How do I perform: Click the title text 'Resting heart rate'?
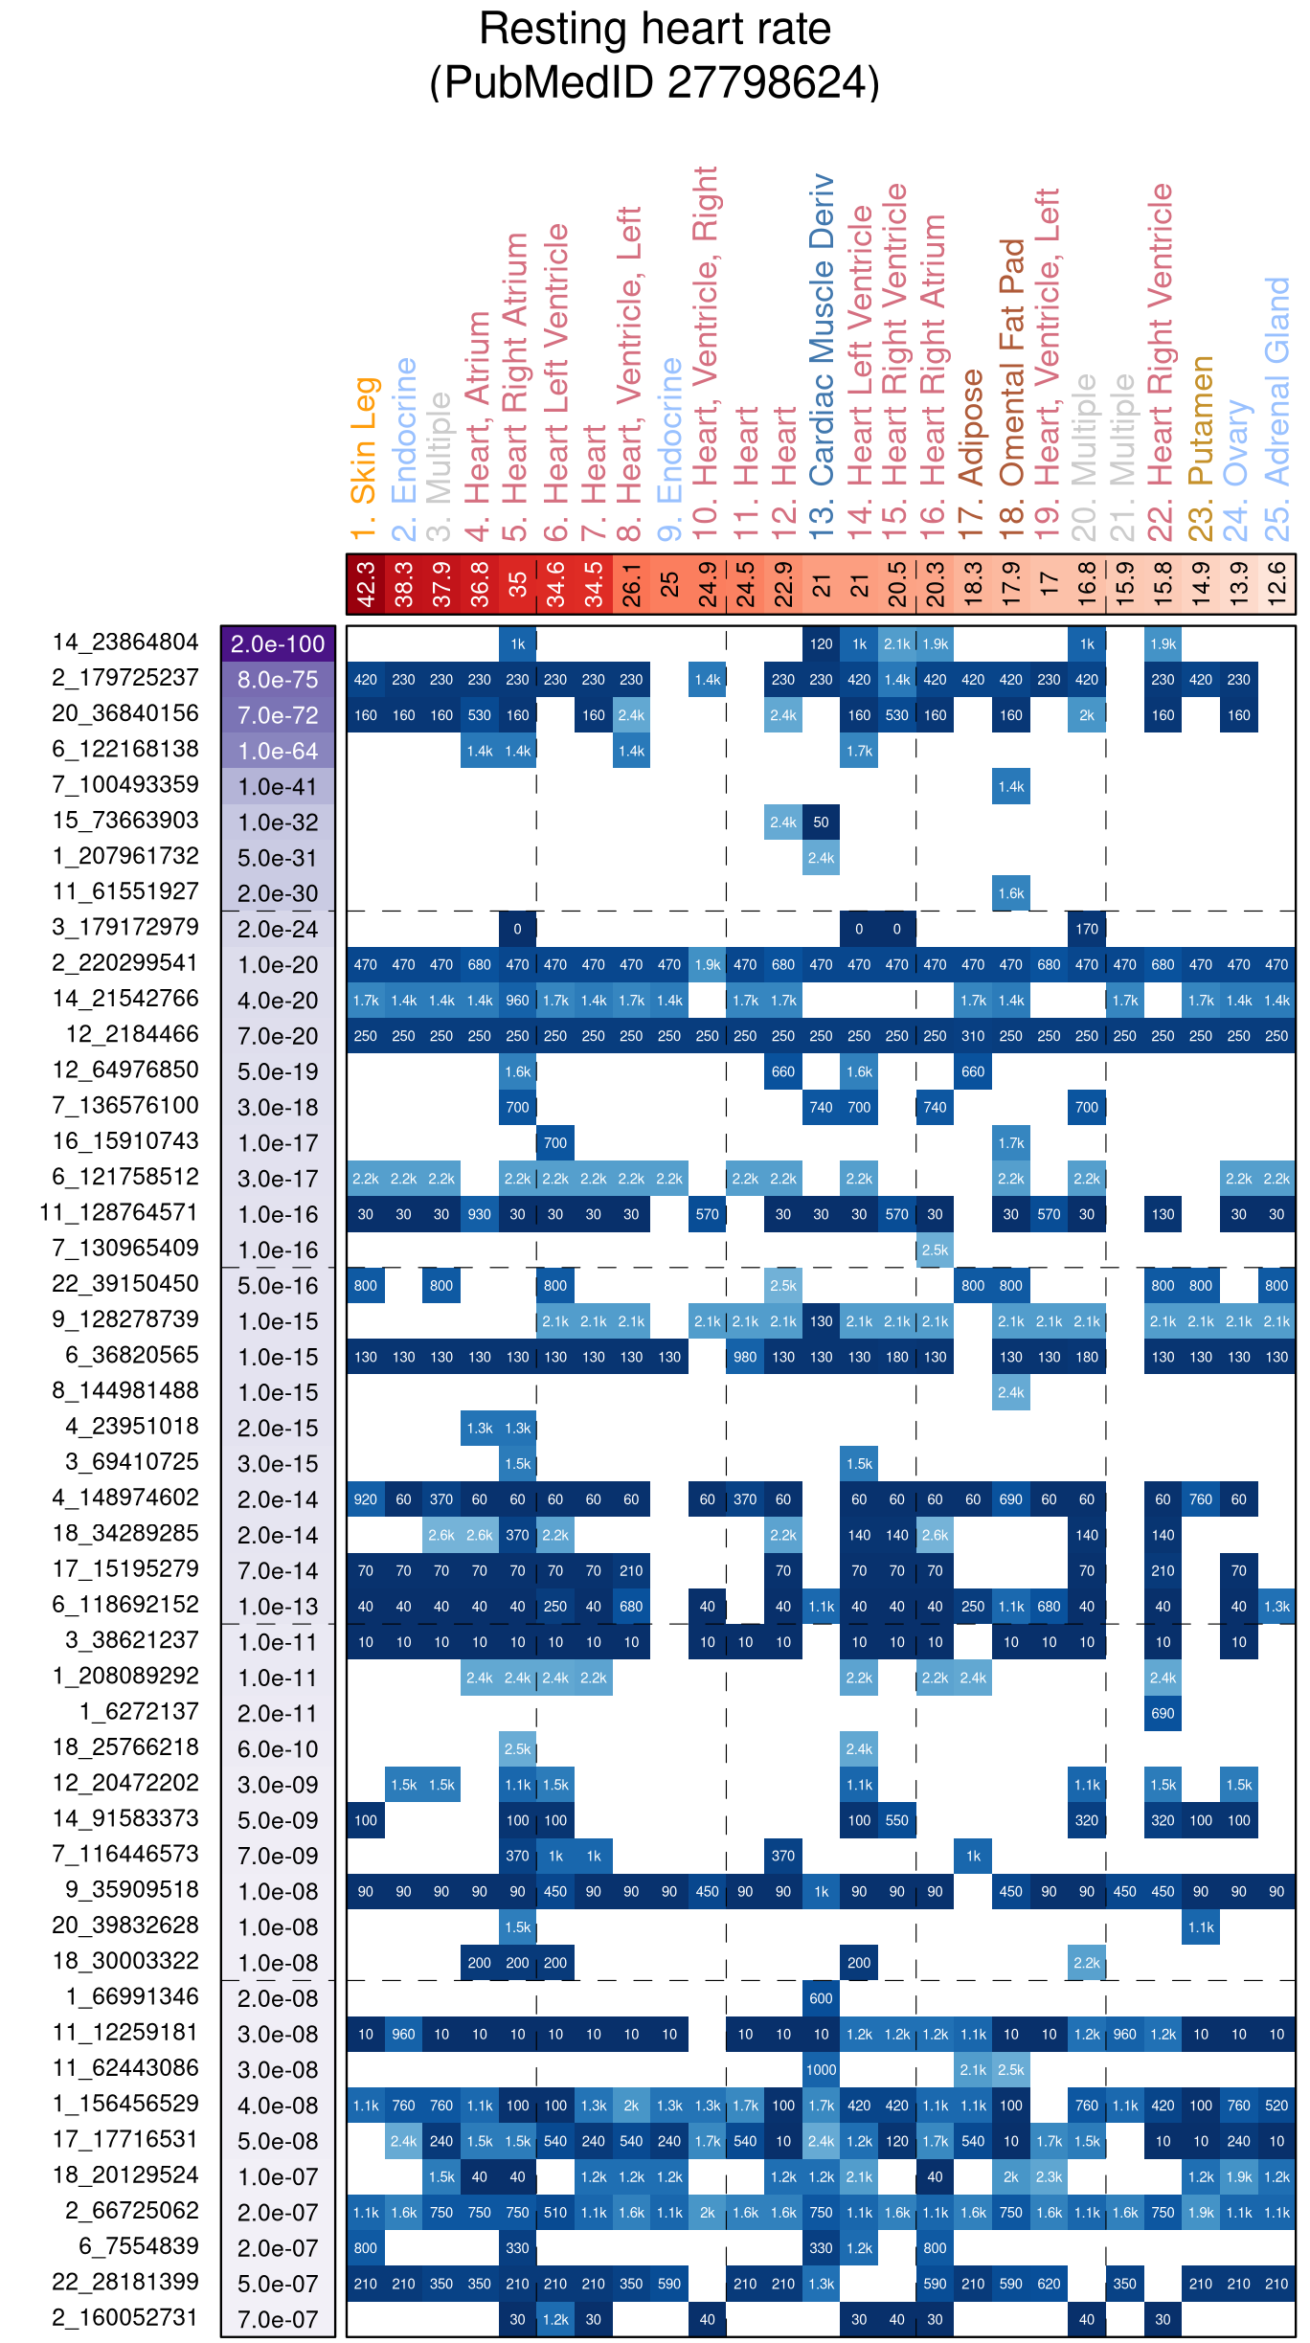pyautogui.click(x=654, y=29)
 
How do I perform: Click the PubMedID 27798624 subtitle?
pyautogui.click(x=654, y=82)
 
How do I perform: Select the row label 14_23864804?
pyautogui.click(x=125, y=642)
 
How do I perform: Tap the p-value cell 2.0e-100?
pyautogui.click(x=278, y=643)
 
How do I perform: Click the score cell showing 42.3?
pyautogui.click(x=365, y=584)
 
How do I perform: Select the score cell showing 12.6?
pyautogui.click(x=1276, y=584)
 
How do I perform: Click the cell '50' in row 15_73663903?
pyautogui.click(x=821, y=822)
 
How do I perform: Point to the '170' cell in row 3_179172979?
pyautogui.click(x=1087, y=929)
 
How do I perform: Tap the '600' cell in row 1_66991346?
pyautogui.click(x=821, y=1998)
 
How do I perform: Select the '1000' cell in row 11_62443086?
pyautogui.click(x=821, y=2069)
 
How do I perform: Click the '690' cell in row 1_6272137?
pyautogui.click(x=1163, y=1713)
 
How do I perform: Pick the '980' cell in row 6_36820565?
pyautogui.click(x=745, y=1357)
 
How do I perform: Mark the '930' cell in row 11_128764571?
pyautogui.click(x=479, y=1214)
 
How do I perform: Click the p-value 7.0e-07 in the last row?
pyautogui.click(x=278, y=2319)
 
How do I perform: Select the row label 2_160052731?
pyautogui.click(x=125, y=2318)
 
